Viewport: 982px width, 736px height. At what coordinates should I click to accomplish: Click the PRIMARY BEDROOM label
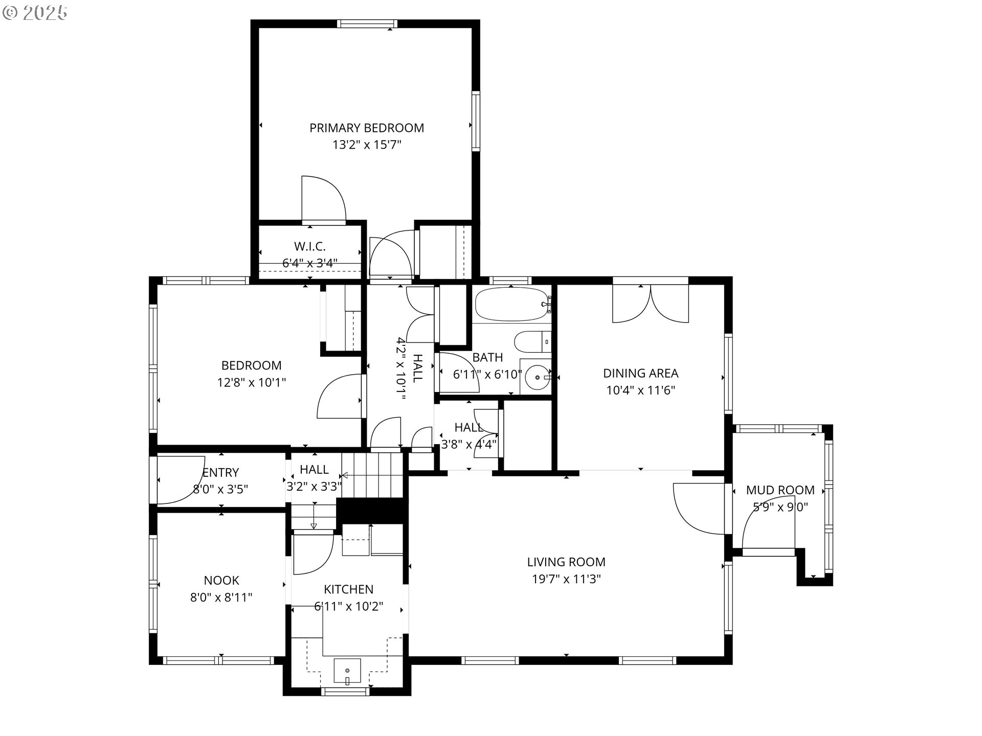[367, 128]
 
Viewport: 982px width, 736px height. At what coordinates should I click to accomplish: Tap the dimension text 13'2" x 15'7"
[367, 145]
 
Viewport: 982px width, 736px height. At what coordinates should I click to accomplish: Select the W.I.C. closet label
[310, 247]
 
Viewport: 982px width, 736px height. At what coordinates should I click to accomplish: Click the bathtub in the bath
[511, 304]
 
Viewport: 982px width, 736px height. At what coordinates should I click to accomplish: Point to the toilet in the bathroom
[532, 341]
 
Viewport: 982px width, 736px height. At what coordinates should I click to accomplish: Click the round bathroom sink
[537, 377]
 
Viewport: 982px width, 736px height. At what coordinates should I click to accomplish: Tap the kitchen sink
[347, 671]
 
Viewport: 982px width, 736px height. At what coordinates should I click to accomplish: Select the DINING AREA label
[640, 374]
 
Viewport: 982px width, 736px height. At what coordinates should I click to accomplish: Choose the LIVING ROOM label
[566, 562]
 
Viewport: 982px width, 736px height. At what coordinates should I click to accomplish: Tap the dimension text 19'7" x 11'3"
[566, 579]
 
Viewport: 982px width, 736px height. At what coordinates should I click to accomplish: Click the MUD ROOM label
[780, 490]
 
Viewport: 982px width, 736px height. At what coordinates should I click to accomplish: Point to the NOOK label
[221, 580]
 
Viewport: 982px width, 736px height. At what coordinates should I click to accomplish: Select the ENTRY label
[221, 472]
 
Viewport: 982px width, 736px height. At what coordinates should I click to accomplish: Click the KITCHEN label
[349, 589]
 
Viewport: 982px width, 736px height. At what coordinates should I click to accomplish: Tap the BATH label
[487, 357]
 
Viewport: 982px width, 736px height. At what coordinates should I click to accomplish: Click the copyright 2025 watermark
[35, 12]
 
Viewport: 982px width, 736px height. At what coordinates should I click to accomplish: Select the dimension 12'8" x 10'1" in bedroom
[251, 382]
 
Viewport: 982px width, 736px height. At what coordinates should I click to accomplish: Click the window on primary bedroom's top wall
[367, 24]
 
